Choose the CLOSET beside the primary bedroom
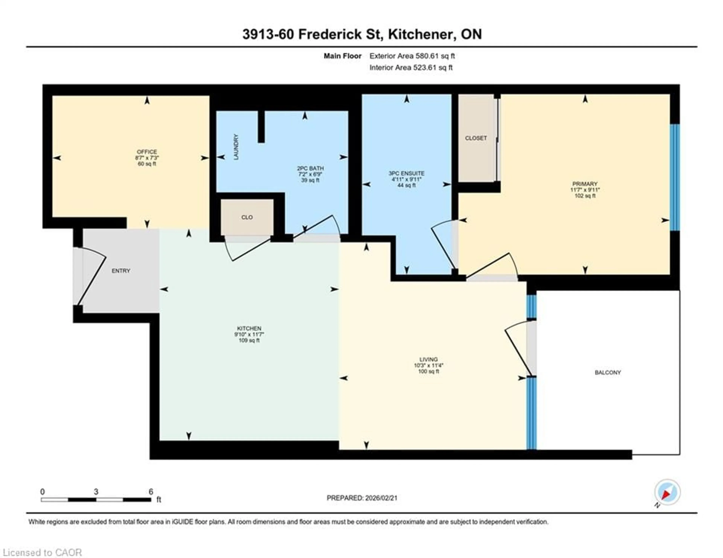(x=476, y=138)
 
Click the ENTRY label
(x=121, y=271)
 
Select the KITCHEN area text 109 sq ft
(x=249, y=340)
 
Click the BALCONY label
(x=608, y=372)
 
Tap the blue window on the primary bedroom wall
(x=675, y=177)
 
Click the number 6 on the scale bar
(x=151, y=492)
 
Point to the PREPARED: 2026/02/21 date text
(x=362, y=498)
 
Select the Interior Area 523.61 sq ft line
(x=411, y=68)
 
